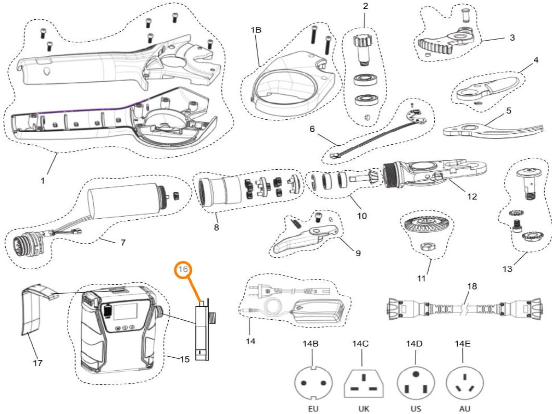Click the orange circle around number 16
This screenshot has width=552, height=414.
[183, 270]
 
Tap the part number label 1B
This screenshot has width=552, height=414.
[256, 30]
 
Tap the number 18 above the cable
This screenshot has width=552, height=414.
[472, 286]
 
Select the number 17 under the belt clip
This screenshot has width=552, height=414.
[37, 362]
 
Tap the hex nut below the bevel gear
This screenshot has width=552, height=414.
[425, 246]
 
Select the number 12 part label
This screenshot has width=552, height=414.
[472, 197]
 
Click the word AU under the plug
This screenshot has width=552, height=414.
[463, 409]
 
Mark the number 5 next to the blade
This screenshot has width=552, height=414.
[509, 111]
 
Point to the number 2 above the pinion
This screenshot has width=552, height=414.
[365, 6]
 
